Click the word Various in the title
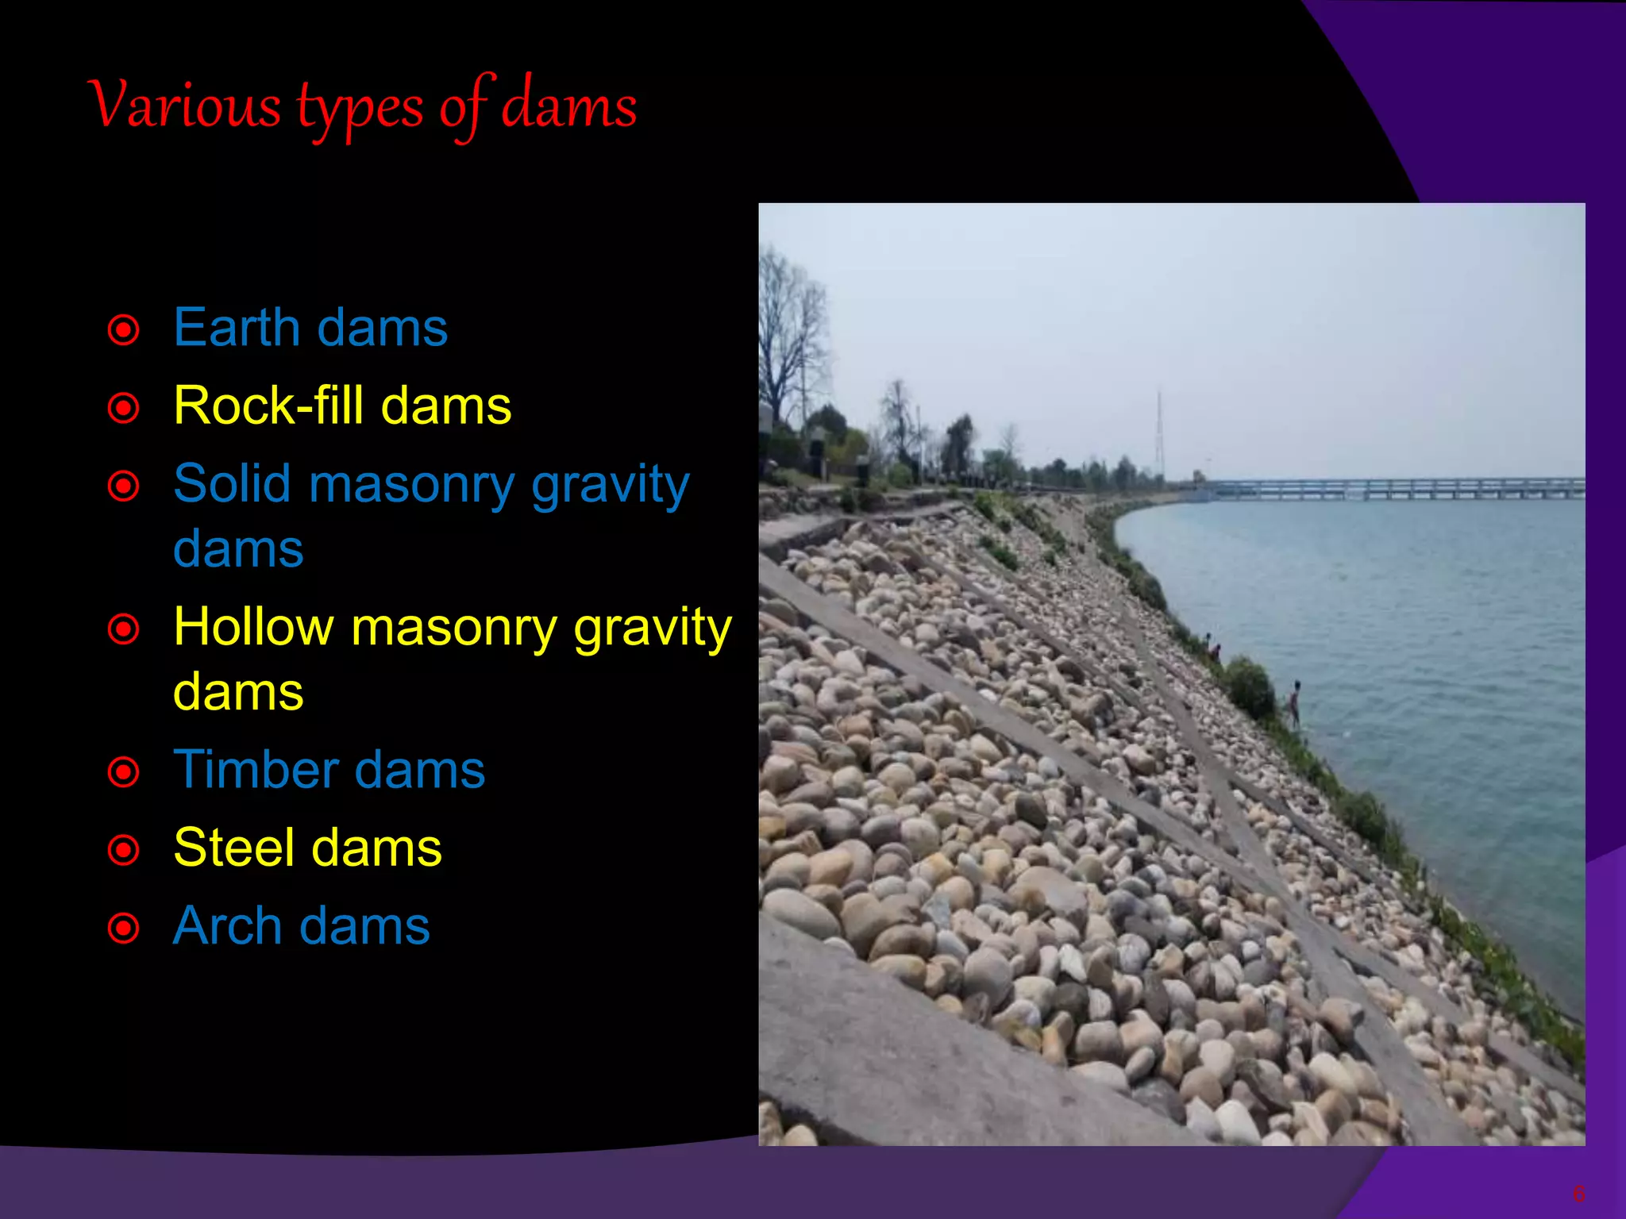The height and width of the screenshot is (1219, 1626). [184, 105]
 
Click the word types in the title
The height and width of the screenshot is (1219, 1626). [360, 110]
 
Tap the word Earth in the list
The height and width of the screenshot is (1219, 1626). [235, 327]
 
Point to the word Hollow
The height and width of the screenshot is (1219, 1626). [253, 626]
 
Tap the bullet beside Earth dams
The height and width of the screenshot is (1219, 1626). [124, 329]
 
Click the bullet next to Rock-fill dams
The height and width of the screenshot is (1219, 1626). [124, 408]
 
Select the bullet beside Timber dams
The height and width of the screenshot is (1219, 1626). [124, 771]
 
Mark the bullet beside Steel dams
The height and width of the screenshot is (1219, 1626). [124, 849]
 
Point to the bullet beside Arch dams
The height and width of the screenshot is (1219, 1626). [124, 928]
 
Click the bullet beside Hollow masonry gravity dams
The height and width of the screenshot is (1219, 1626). [124, 629]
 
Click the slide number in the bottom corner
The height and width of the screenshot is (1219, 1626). [1578, 1194]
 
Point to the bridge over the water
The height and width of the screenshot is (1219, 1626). [1397, 488]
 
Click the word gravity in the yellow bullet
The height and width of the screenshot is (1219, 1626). [652, 628]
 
